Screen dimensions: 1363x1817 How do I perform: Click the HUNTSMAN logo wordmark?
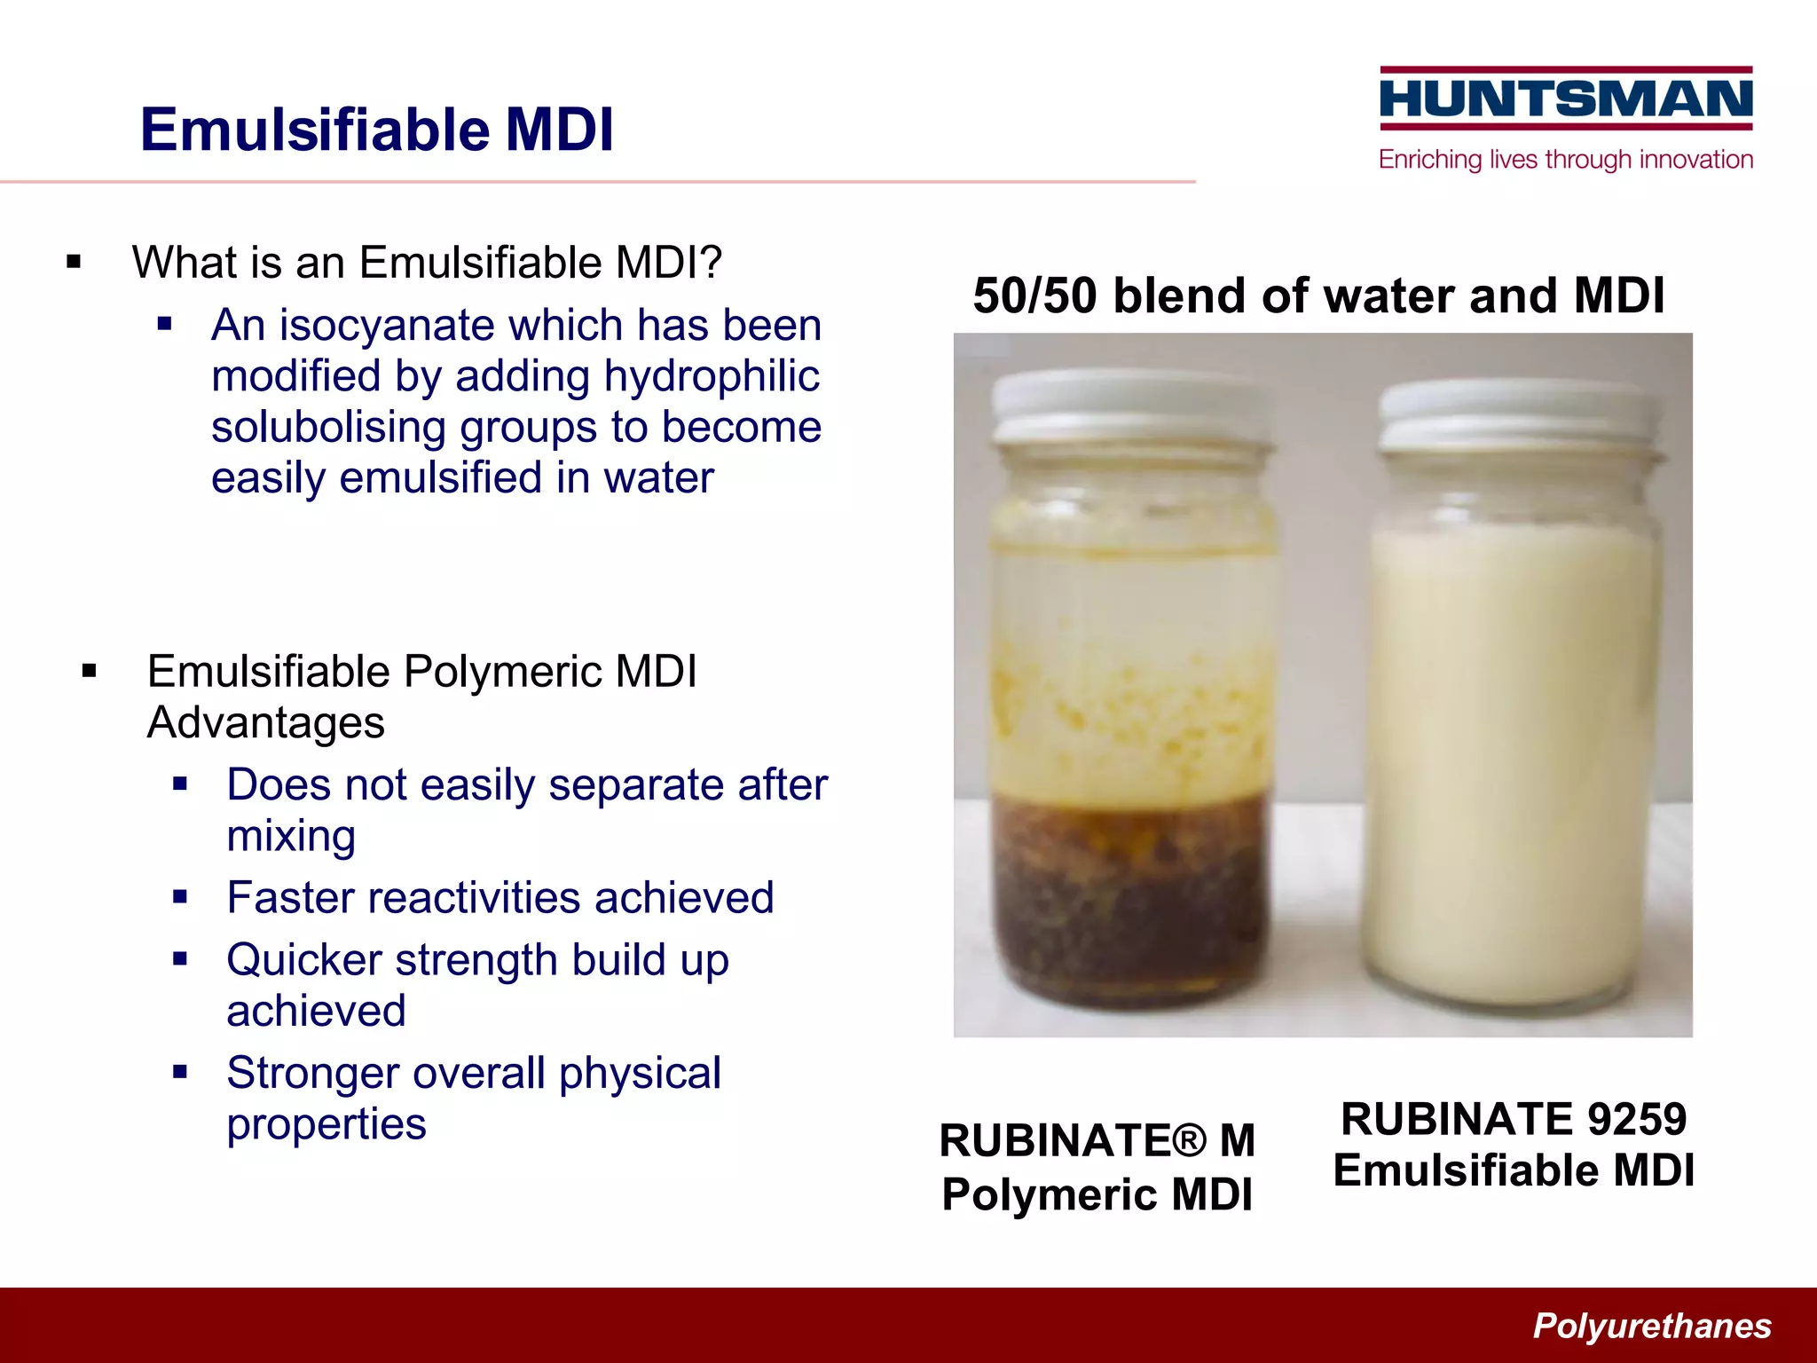coord(1566,98)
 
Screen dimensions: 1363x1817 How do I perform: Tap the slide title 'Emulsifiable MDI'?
coord(376,130)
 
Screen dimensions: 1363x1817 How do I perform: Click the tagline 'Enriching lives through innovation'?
coord(1566,160)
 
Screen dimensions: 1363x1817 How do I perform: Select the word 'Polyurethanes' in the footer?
coord(1652,1326)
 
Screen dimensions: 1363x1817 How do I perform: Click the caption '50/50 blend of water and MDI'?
coord(1318,295)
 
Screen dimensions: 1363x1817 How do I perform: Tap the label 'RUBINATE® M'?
coord(1097,1141)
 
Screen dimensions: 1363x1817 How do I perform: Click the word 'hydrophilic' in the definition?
coord(712,376)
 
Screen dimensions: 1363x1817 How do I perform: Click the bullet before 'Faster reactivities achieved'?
coord(181,897)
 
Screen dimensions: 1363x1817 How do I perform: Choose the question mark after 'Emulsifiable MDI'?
coord(711,263)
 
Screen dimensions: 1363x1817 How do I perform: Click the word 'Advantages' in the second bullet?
coord(265,722)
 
